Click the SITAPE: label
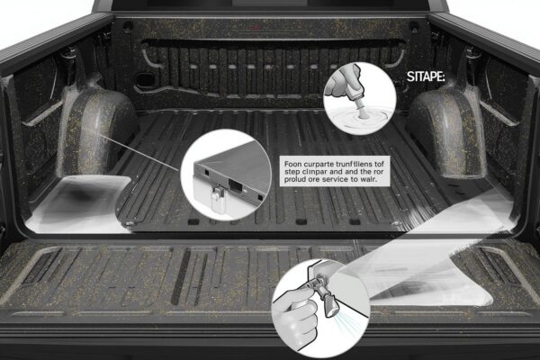[x=426, y=76]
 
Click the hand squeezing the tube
[x=340, y=84]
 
